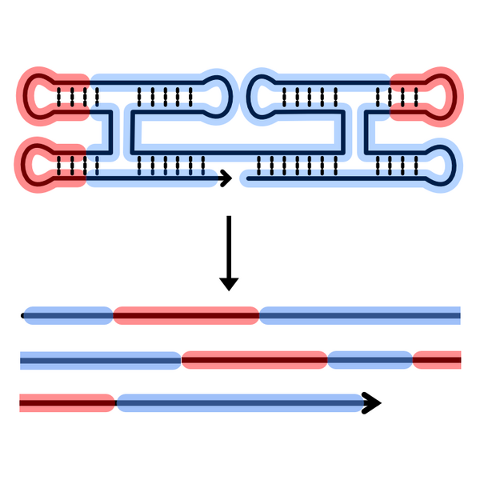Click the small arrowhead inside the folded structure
(x=226, y=178)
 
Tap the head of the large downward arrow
(x=229, y=282)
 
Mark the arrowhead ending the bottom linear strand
(x=370, y=403)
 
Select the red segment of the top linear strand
(x=186, y=316)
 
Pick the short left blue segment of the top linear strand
(x=69, y=316)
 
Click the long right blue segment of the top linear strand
(x=360, y=316)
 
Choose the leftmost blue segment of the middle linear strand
(x=100, y=361)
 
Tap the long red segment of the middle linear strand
(x=254, y=361)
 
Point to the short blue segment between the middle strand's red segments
(x=369, y=361)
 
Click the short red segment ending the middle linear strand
(x=437, y=361)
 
